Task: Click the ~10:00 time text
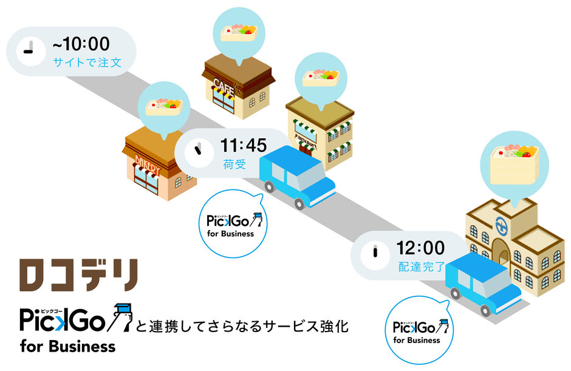click(x=81, y=44)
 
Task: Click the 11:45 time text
click(x=243, y=146)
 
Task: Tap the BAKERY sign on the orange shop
click(x=148, y=163)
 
